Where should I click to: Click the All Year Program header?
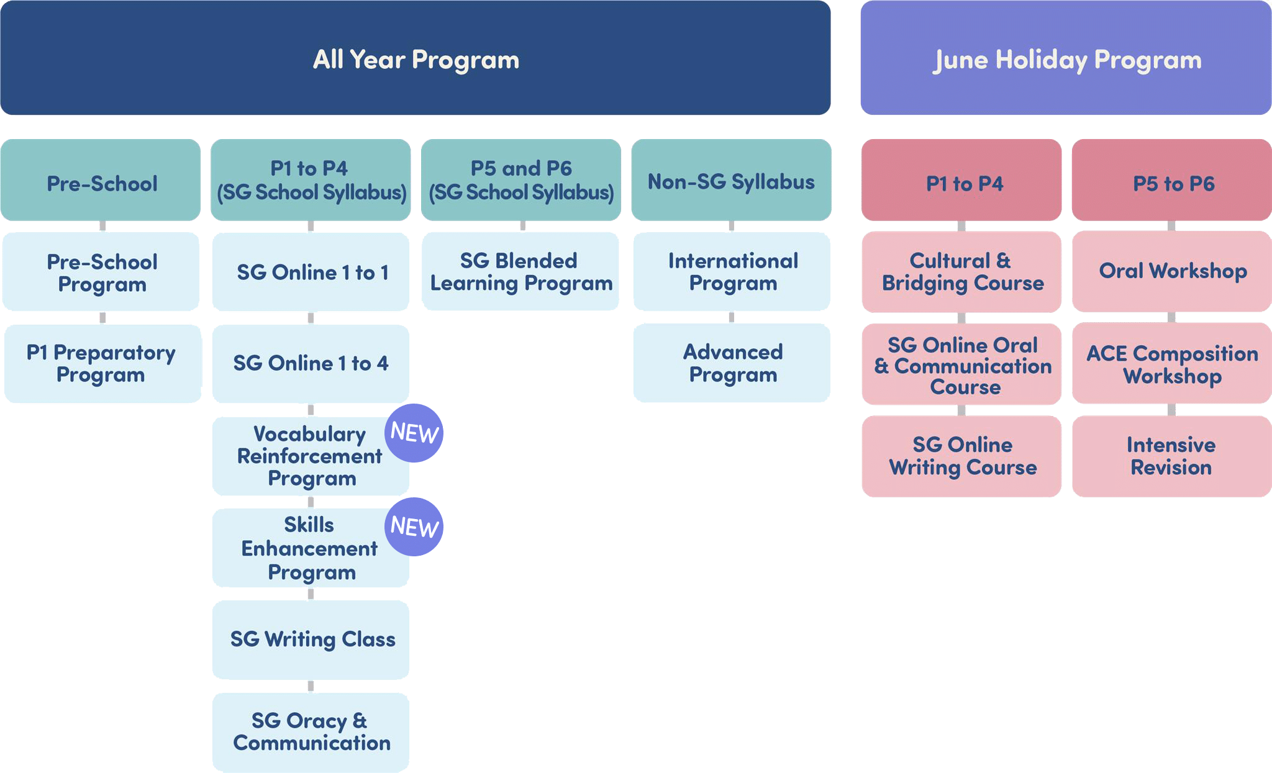[415, 58]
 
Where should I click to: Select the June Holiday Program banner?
[1066, 58]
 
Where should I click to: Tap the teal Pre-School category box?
[101, 180]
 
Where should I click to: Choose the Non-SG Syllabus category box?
[731, 180]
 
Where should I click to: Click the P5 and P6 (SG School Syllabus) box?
[521, 180]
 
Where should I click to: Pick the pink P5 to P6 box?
[1172, 180]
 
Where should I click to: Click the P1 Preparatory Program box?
[102, 363]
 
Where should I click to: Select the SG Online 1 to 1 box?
[311, 272]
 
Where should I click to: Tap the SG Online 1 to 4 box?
[311, 363]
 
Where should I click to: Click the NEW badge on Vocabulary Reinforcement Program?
[414, 433]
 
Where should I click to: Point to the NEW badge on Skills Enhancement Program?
[414, 527]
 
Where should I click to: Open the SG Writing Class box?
[311, 640]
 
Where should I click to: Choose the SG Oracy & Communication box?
[311, 733]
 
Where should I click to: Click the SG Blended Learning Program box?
[520, 271]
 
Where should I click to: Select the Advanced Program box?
[732, 363]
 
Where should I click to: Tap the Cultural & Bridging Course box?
[961, 271]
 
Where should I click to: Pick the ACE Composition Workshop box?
[1172, 363]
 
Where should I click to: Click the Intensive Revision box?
[1172, 456]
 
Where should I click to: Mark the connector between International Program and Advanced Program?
[732, 317]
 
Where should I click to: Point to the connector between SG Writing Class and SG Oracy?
[311, 686]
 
